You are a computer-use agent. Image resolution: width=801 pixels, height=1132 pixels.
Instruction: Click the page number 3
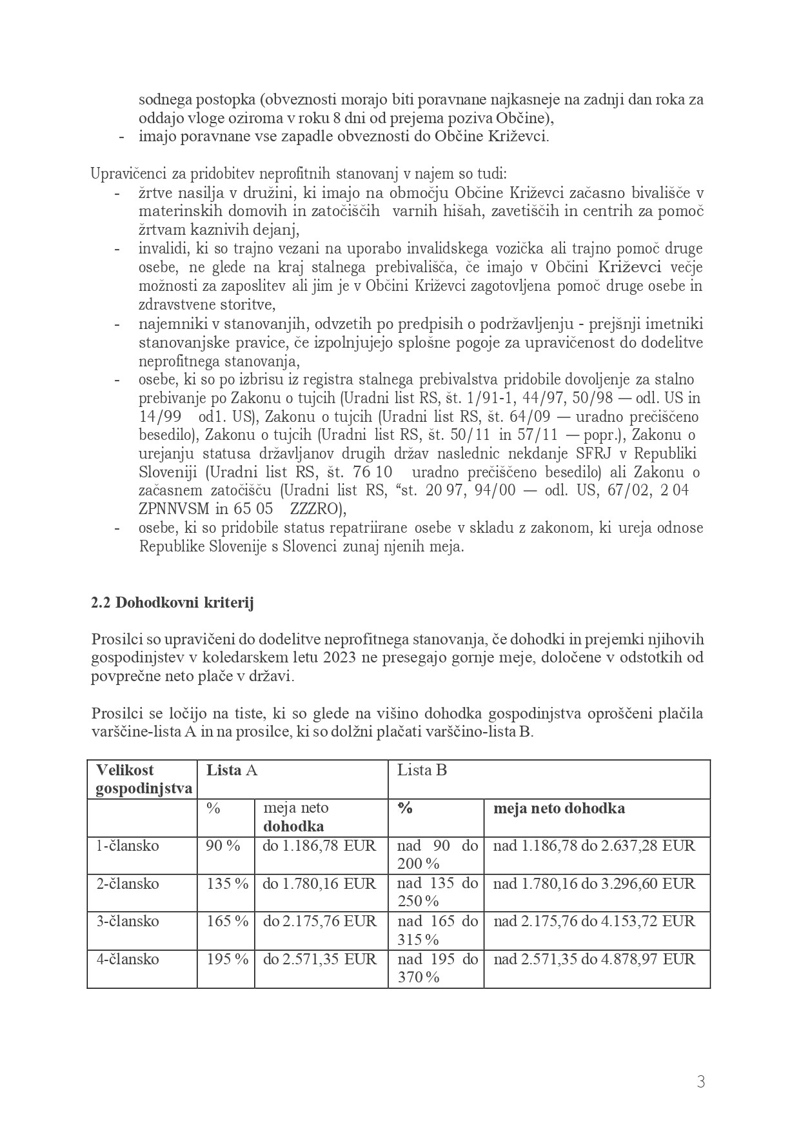coord(700,1082)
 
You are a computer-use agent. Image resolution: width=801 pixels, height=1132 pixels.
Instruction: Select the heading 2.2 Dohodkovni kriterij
coord(172,603)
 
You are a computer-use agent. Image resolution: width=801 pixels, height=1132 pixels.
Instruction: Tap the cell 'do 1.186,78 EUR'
coord(319,846)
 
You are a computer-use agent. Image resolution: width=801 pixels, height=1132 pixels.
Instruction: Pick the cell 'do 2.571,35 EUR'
coord(319,959)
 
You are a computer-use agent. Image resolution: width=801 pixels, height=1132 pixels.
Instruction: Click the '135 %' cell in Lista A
coord(227,884)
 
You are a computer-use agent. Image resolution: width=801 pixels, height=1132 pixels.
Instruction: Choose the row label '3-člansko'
coord(128,921)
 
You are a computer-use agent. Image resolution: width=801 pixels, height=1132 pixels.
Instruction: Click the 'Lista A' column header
coord(232,770)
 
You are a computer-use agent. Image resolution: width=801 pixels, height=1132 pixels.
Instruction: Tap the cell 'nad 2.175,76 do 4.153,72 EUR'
coord(594,921)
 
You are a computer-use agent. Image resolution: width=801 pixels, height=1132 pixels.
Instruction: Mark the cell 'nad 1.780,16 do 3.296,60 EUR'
coord(594,884)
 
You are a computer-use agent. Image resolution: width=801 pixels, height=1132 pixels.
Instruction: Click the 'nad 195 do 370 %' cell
coord(437,968)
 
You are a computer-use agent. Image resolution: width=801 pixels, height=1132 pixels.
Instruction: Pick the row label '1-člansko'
coord(128,846)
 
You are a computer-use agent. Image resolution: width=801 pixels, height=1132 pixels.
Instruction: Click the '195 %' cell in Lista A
coord(227,959)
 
